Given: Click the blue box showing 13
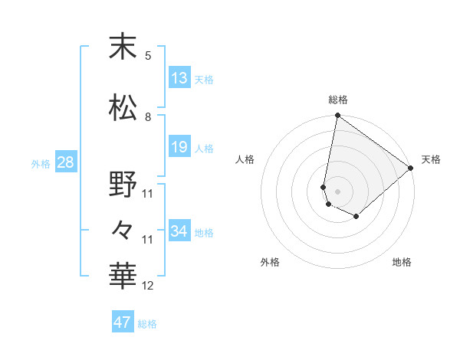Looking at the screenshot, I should [179, 78].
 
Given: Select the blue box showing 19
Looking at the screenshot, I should [179, 147].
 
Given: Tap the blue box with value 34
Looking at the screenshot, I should [179, 231].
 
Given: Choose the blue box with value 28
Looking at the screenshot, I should [64, 162].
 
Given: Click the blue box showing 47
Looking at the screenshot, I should [123, 322].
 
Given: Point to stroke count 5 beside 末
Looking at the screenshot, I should [148, 56].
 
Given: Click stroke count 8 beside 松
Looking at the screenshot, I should [148, 117].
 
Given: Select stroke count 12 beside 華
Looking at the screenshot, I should [148, 286].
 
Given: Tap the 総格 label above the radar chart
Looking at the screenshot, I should [338, 100].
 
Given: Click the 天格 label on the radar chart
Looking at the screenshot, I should [431, 159].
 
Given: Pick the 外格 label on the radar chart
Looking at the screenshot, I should [270, 262].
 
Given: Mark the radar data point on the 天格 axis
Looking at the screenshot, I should [411, 168].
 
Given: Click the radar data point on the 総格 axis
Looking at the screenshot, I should [337, 116].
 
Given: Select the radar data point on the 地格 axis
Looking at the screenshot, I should [356, 217].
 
